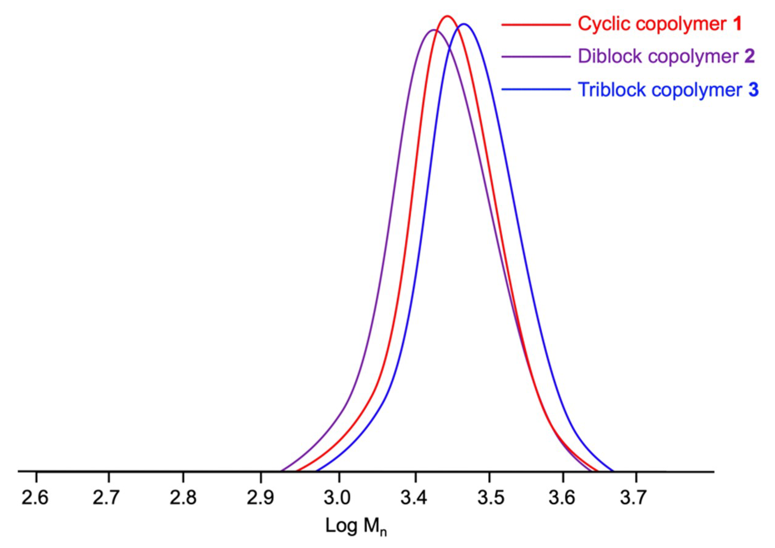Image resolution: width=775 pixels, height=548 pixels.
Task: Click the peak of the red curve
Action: point(447,16)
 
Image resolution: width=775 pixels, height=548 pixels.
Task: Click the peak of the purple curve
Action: point(434,30)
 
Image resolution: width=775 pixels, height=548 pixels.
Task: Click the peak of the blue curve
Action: point(464,24)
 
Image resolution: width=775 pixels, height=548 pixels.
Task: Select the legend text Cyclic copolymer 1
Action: point(660,24)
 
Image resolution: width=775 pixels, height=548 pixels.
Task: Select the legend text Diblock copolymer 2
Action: point(666,56)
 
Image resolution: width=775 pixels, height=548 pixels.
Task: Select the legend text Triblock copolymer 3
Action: point(668,89)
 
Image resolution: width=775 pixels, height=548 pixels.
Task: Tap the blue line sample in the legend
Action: point(536,89)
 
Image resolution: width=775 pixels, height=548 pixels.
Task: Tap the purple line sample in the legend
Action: point(536,57)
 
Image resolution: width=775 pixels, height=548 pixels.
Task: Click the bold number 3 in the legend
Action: point(753,89)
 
